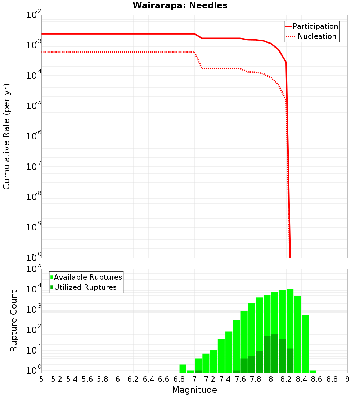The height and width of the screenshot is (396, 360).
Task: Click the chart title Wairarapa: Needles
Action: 180,6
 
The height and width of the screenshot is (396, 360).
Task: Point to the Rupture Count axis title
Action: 14,321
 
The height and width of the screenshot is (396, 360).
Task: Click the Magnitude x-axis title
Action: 194,390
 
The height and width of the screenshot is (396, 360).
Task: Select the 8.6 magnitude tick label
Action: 317,379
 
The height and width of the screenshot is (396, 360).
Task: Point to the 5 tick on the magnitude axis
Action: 41,379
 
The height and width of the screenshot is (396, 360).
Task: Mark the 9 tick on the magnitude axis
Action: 347,379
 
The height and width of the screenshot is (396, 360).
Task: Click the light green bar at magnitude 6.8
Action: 183,369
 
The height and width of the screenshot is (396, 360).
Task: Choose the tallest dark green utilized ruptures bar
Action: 275,353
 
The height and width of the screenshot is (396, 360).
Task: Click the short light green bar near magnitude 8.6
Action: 313,372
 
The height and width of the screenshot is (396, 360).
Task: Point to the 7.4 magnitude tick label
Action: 225,379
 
